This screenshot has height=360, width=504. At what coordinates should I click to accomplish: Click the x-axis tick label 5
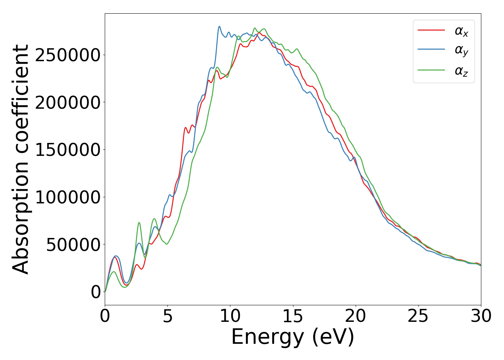pos(168,316)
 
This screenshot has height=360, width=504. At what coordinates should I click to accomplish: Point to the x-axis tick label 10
pos(230,316)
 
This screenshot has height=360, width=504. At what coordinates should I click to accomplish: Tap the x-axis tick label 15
pos(293,316)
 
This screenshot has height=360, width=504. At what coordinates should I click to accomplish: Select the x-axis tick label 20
pos(356,316)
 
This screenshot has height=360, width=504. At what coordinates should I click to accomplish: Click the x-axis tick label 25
pos(418,316)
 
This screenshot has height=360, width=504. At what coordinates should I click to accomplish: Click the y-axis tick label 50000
pos(73,245)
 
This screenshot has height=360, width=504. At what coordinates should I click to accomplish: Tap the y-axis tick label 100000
pos(68,197)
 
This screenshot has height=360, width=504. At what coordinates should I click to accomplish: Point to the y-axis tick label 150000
pos(68,150)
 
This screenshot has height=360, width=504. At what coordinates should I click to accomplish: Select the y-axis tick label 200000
pos(68,103)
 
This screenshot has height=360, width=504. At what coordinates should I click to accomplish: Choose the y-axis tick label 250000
pos(68,55)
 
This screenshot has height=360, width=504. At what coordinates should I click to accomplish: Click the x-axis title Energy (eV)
pos(293,337)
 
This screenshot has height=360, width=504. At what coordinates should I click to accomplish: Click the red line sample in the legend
pos(431,30)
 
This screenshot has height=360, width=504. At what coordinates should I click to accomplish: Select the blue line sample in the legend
pos(431,51)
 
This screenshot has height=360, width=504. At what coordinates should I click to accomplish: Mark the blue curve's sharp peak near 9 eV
pos(219,27)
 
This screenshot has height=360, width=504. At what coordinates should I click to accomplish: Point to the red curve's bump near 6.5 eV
pos(185,128)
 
